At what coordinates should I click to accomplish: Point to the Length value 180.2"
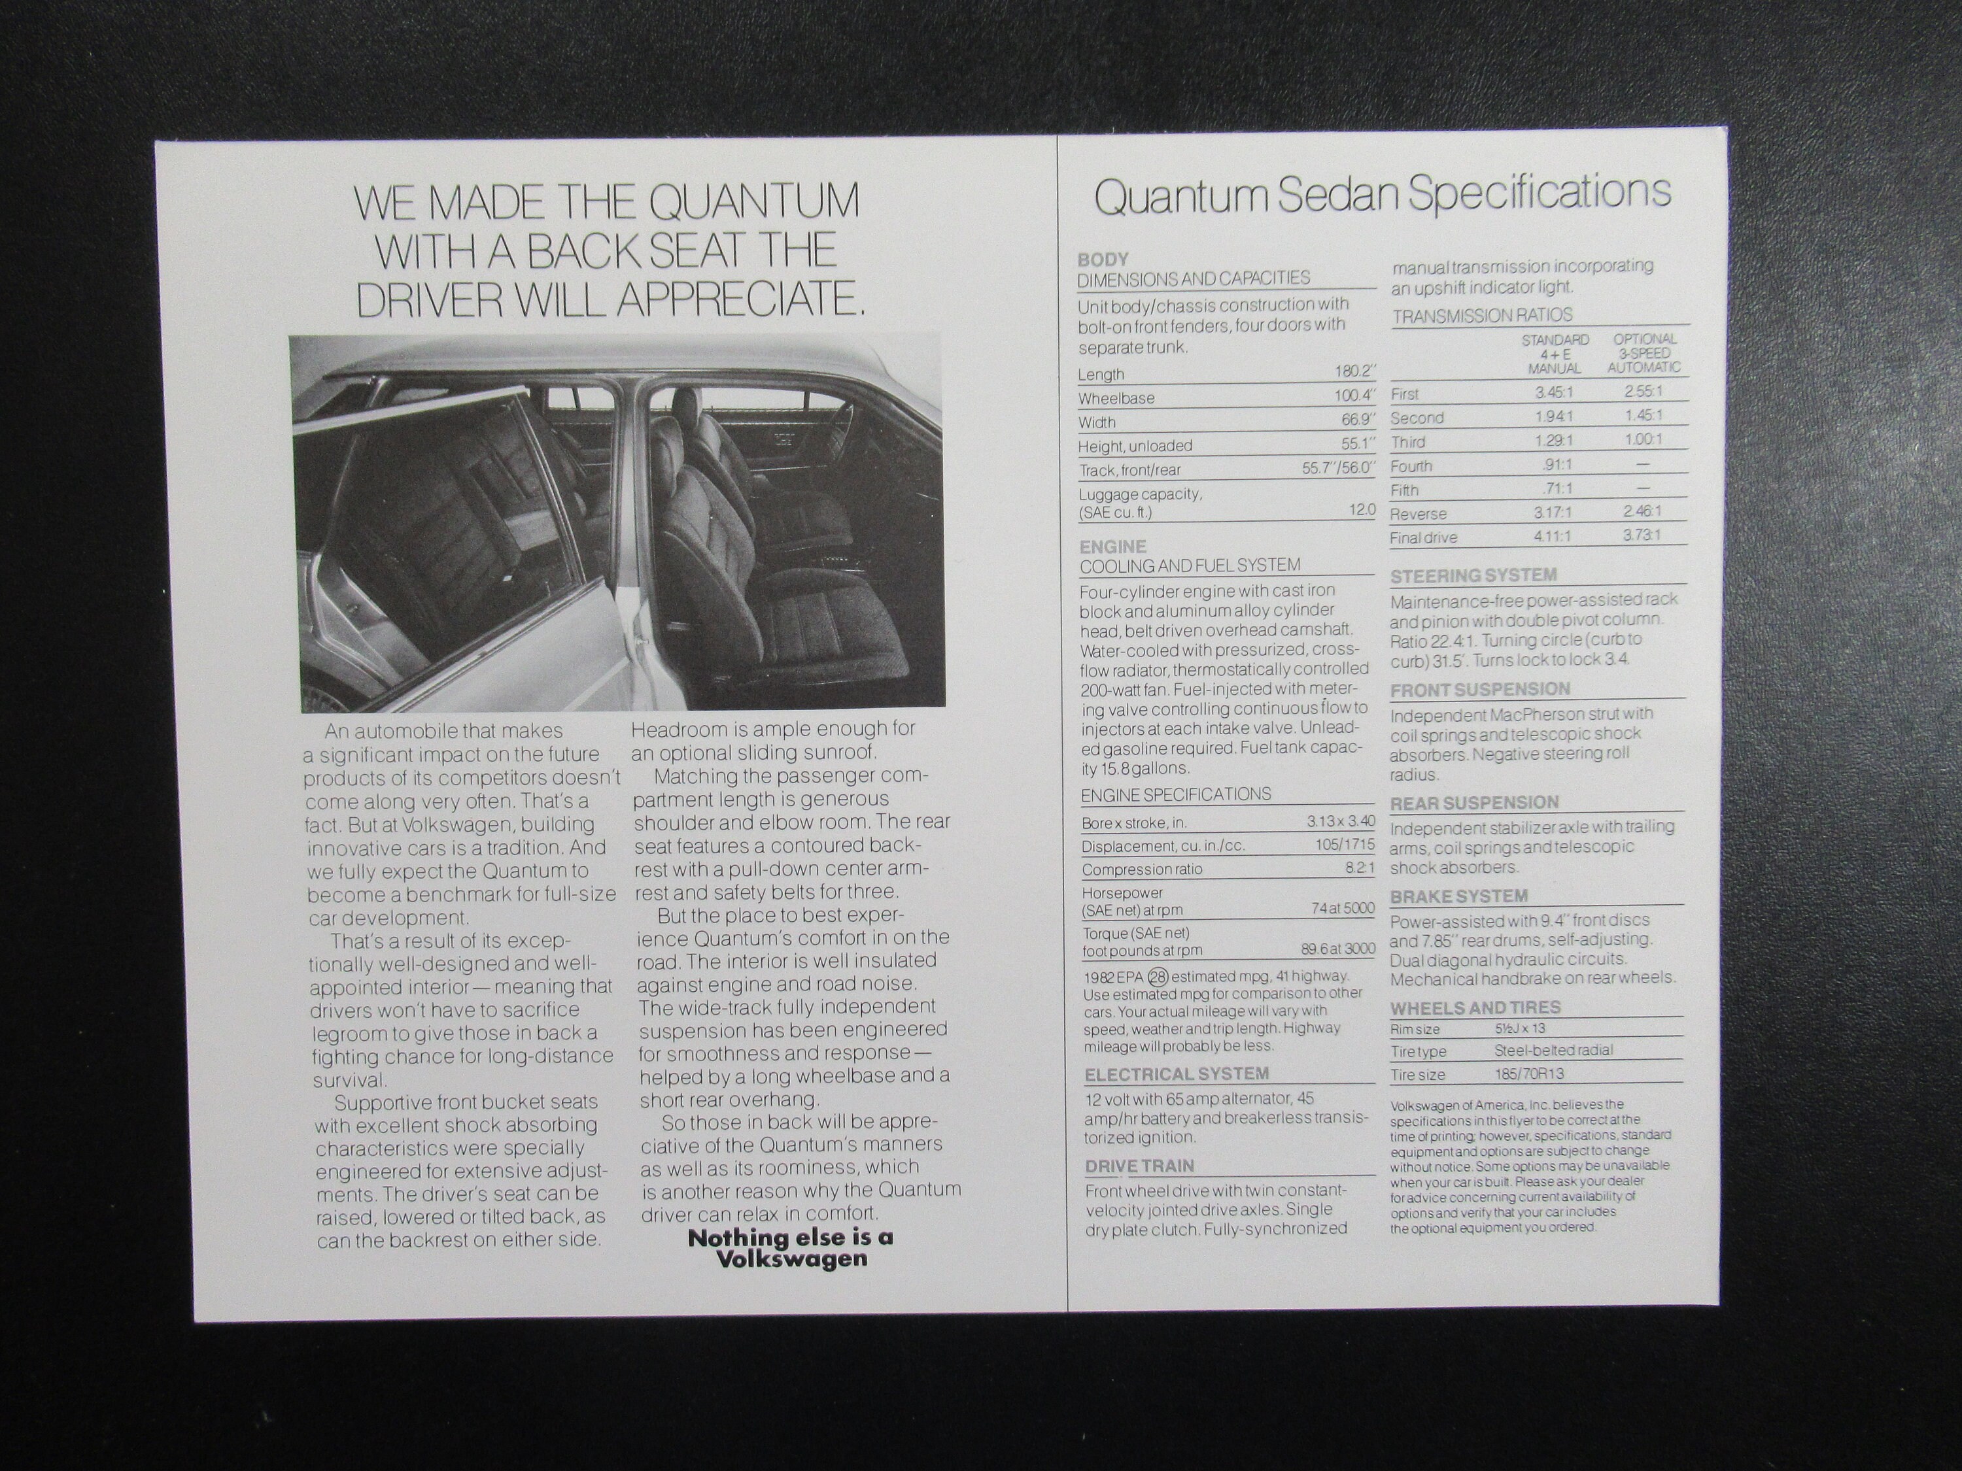1354,373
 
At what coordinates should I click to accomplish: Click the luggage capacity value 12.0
1362,510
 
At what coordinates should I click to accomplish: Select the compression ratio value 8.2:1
1359,869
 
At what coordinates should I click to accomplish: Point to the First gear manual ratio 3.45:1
1554,391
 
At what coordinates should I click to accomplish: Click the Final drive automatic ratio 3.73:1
1642,535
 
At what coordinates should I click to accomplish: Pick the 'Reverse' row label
1419,515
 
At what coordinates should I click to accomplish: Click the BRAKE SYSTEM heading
1458,896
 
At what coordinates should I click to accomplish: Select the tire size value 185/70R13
1529,1074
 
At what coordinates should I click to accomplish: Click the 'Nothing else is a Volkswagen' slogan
790,1247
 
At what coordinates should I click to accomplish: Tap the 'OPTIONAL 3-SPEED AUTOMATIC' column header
1644,353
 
